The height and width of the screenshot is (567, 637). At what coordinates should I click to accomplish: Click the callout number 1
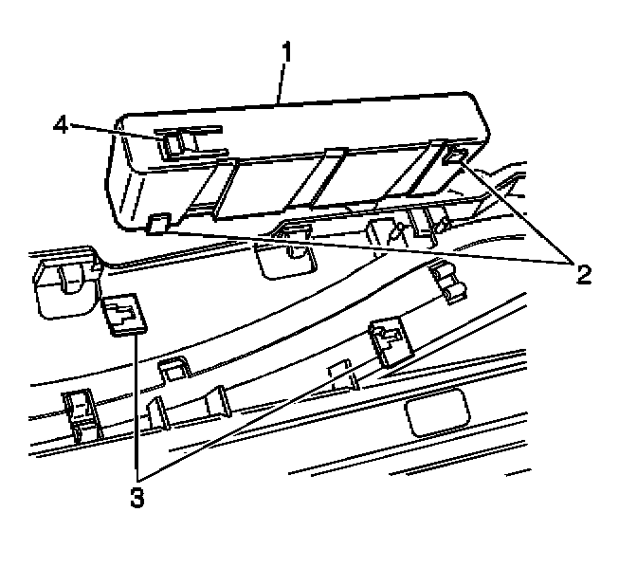coord(285,49)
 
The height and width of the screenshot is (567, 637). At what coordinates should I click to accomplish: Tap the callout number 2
coord(582,275)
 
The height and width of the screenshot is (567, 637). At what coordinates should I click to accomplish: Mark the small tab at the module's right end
coord(454,155)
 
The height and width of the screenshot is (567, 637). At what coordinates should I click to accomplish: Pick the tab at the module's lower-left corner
coord(158,223)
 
